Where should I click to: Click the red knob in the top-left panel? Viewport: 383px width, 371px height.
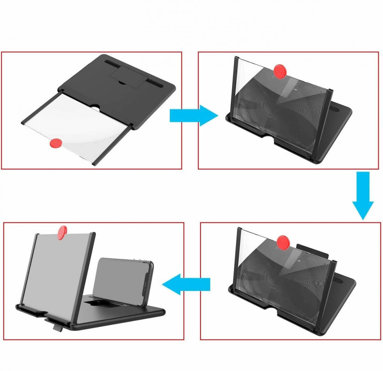click(x=56, y=143)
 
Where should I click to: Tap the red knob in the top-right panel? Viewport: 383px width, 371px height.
click(x=280, y=70)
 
